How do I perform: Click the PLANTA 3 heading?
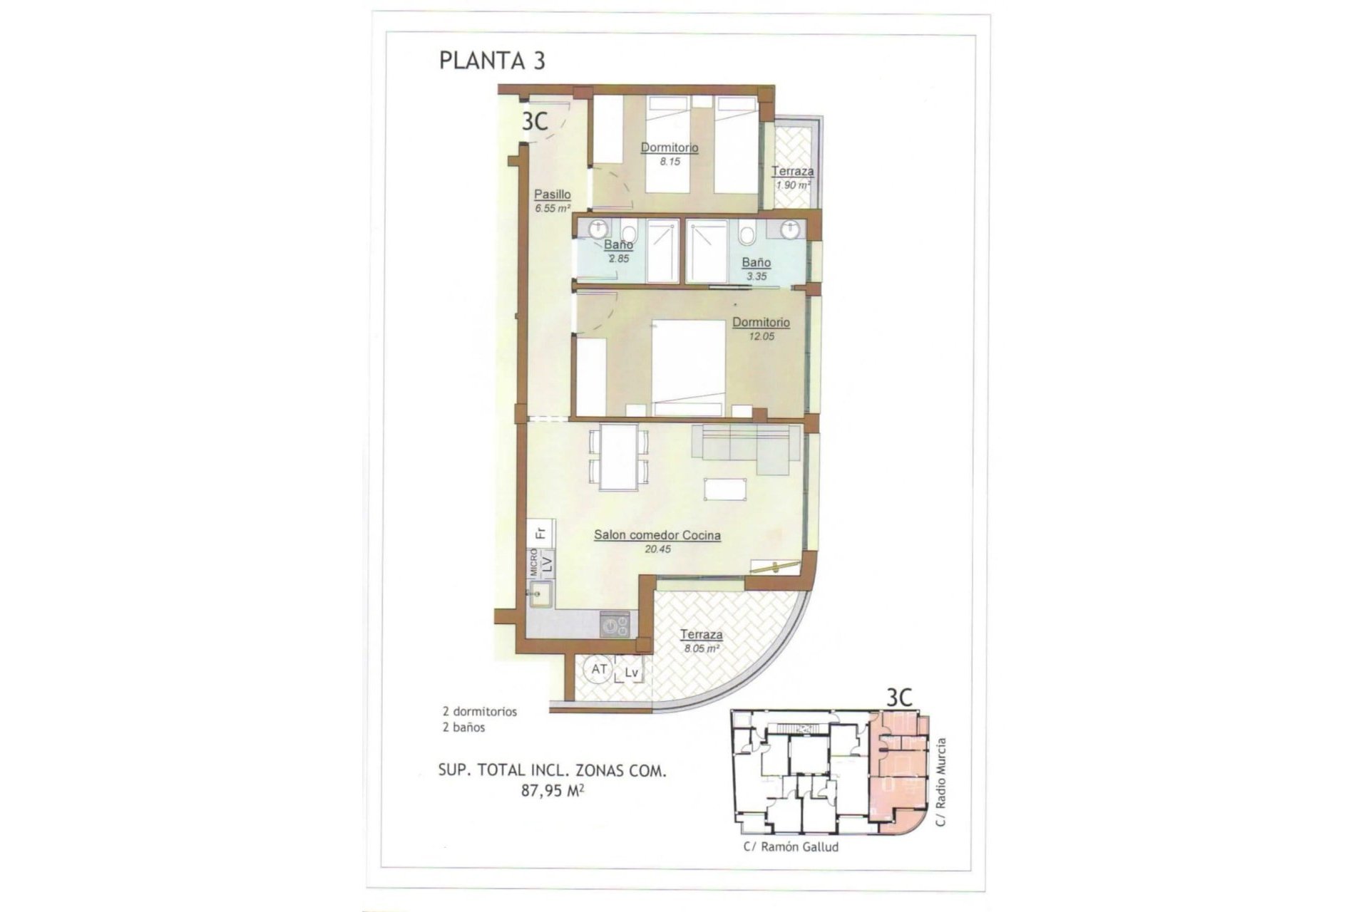pos(492,61)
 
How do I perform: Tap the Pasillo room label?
pos(553,194)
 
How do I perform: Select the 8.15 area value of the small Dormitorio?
pos(670,162)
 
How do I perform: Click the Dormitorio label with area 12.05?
pos(761,322)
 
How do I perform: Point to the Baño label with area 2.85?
pos(618,245)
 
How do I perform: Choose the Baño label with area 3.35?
pos(756,262)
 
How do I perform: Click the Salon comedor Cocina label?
pos(657,535)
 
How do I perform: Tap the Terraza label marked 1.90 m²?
pos(792,171)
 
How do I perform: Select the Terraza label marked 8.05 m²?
pos(701,634)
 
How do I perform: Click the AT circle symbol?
pos(599,670)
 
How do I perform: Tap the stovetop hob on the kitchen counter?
pos(615,625)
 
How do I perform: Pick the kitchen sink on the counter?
pos(540,595)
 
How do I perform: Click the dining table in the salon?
pos(618,457)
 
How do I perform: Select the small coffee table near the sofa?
pos(726,489)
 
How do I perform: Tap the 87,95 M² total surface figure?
pos(552,789)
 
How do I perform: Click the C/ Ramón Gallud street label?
pos(790,847)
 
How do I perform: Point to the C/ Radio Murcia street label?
pos(941,782)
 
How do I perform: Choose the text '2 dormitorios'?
pos(479,711)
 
